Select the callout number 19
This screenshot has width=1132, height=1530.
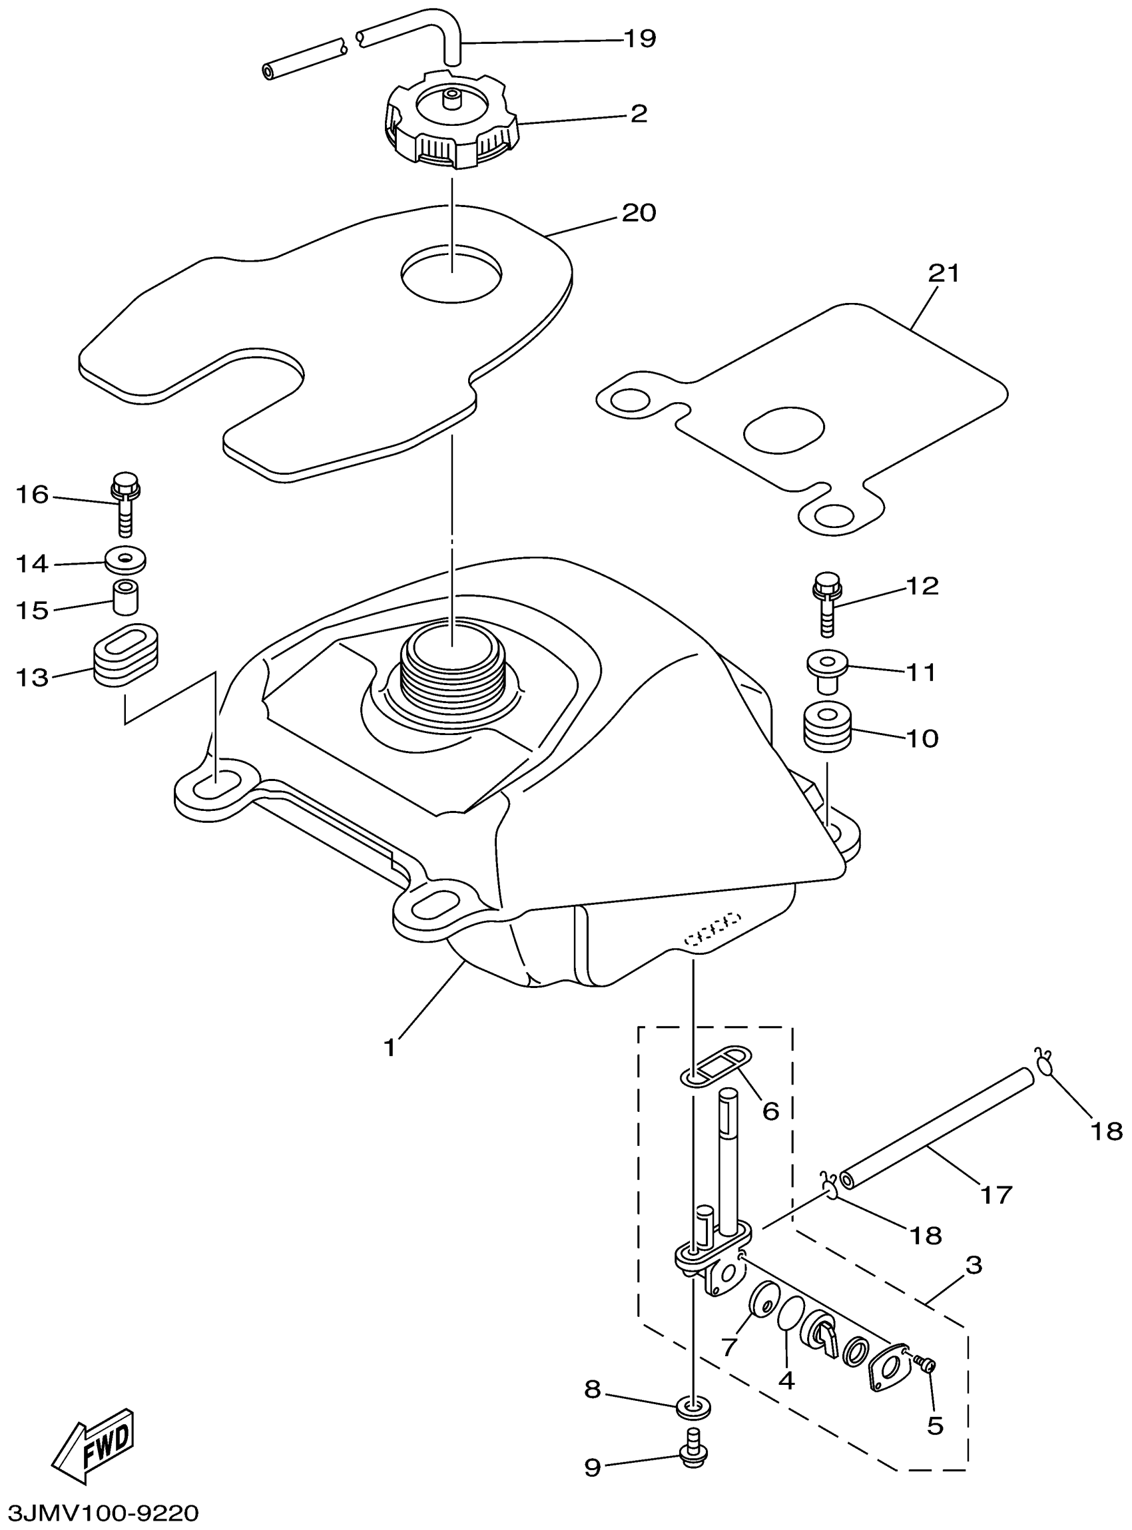639,39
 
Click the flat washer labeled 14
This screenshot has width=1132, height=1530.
125,561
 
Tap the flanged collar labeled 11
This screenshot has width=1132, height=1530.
826,668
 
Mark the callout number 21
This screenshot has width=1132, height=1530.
944,274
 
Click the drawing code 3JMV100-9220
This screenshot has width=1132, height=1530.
100,1511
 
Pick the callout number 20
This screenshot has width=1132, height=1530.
638,212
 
